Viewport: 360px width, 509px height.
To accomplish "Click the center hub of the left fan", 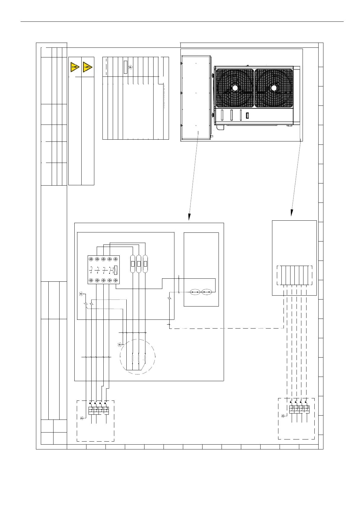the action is (235, 88).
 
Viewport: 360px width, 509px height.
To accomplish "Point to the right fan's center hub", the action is (274, 88).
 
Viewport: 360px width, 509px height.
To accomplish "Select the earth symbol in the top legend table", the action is (130, 67).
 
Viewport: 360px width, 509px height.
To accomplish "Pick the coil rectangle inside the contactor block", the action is (115, 270).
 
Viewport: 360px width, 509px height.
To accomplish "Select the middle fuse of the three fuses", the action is (139, 264).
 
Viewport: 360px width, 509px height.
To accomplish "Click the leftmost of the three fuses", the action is (132, 264).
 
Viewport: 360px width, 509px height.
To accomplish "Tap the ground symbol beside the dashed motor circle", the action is (120, 345).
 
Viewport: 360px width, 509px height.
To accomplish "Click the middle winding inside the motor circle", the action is (139, 358).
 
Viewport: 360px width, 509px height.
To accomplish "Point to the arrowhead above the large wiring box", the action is (190, 217).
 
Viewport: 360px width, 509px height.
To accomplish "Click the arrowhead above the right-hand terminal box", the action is (291, 213).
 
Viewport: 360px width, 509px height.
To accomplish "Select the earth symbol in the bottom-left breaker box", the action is (82, 418).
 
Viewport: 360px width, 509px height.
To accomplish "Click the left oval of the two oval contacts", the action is (195, 292).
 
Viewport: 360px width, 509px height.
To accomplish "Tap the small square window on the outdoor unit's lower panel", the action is (247, 115).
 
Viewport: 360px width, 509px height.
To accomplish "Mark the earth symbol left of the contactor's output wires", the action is (81, 293).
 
